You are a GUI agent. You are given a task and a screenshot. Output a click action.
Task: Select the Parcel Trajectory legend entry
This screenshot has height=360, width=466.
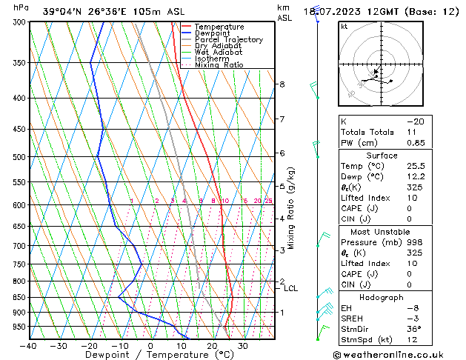click(x=228, y=40)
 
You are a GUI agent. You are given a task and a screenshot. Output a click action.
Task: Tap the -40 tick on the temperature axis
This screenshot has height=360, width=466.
click(x=29, y=346)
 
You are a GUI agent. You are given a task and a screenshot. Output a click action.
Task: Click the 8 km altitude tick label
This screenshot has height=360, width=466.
click(x=282, y=84)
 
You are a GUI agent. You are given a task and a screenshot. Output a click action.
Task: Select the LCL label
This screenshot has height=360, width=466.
click(x=291, y=288)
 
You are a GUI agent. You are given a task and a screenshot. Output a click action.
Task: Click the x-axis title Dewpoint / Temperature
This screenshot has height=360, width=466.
click(x=151, y=355)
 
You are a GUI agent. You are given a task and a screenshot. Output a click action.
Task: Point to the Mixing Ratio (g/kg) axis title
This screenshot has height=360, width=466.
click(x=291, y=208)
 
